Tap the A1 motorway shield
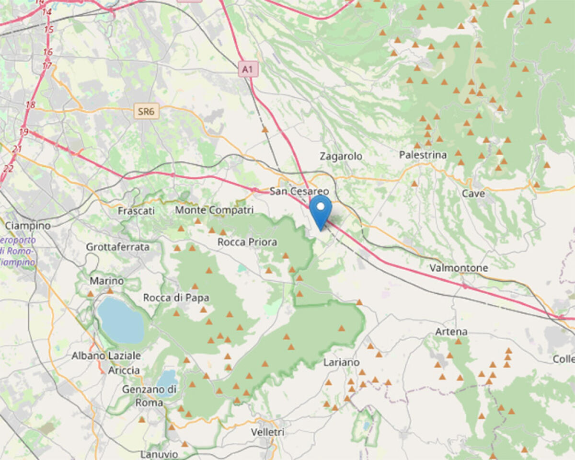(x=247, y=70)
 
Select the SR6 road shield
(x=146, y=112)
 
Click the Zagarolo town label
(x=341, y=156)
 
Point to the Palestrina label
(x=423, y=155)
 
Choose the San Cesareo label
(x=299, y=191)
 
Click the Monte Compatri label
(x=214, y=210)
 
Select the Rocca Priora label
(x=247, y=242)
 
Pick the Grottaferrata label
(x=118, y=247)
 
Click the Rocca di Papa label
(x=176, y=298)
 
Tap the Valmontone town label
(x=459, y=268)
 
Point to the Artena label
(x=451, y=332)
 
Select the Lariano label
(x=341, y=362)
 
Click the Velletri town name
(x=267, y=432)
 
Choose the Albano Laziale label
(x=106, y=356)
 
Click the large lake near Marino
(x=120, y=320)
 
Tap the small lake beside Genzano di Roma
(x=167, y=378)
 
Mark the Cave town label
(x=473, y=194)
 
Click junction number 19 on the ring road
(x=24, y=132)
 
